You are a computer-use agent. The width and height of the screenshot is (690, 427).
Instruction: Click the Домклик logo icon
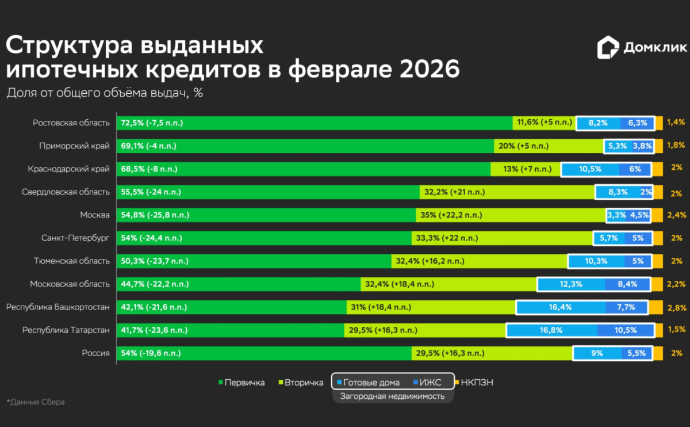pyautogui.click(x=608, y=48)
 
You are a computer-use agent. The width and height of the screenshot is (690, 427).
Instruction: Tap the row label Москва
pyautogui.click(x=95, y=215)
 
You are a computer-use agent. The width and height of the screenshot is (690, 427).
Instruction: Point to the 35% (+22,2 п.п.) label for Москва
pyautogui.click(x=451, y=215)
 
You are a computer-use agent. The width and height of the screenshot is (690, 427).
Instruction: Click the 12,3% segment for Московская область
pyautogui.click(x=570, y=284)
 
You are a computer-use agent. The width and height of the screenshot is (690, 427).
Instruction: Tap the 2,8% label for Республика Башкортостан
pyautogui.click(x=677, y=307)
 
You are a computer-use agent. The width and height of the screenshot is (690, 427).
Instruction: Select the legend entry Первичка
pyautogui.click(x=241, y=382)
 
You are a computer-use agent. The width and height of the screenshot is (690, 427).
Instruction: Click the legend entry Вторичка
pyautogui.click(x=301, y=382)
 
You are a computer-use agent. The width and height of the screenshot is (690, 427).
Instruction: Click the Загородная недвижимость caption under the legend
pyautogui.click(x=392, y=396)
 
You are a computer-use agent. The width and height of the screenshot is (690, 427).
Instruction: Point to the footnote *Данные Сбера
pyautogui.click(x=36, y=402)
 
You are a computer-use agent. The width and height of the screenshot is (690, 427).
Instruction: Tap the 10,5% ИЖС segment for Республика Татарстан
pyautogui.click(x=626, y=330)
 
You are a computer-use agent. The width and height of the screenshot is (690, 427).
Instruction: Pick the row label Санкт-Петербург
pyautogui.click(x=75, y=238)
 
